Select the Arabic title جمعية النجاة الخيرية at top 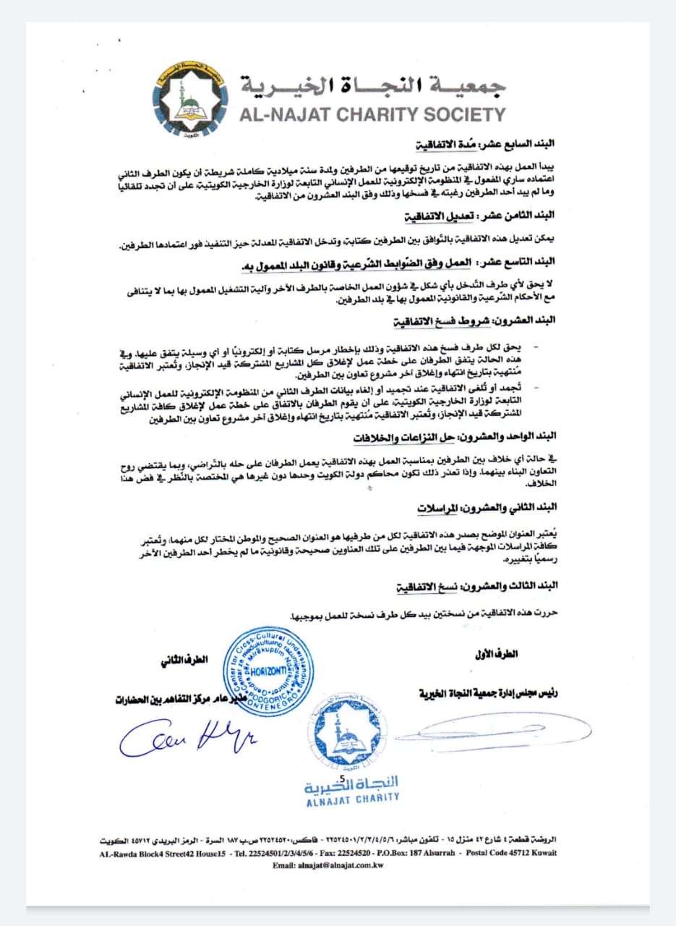click(x=373, y=85)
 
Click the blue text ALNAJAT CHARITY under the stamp click(x=352, y=797)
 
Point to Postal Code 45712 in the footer click(x=506, y=852)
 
